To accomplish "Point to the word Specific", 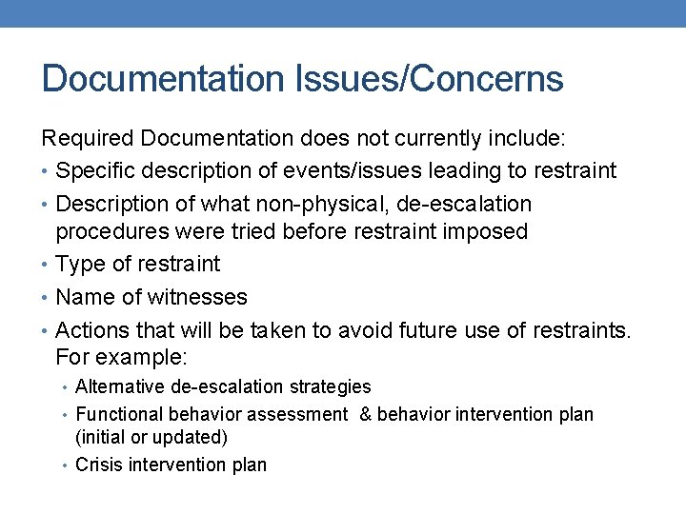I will (94, 171).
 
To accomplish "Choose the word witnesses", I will (197, 297).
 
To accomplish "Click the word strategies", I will (330, 386).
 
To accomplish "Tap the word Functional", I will (119, 414).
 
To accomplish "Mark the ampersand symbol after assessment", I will (366, 414).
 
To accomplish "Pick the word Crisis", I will (98, 465).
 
